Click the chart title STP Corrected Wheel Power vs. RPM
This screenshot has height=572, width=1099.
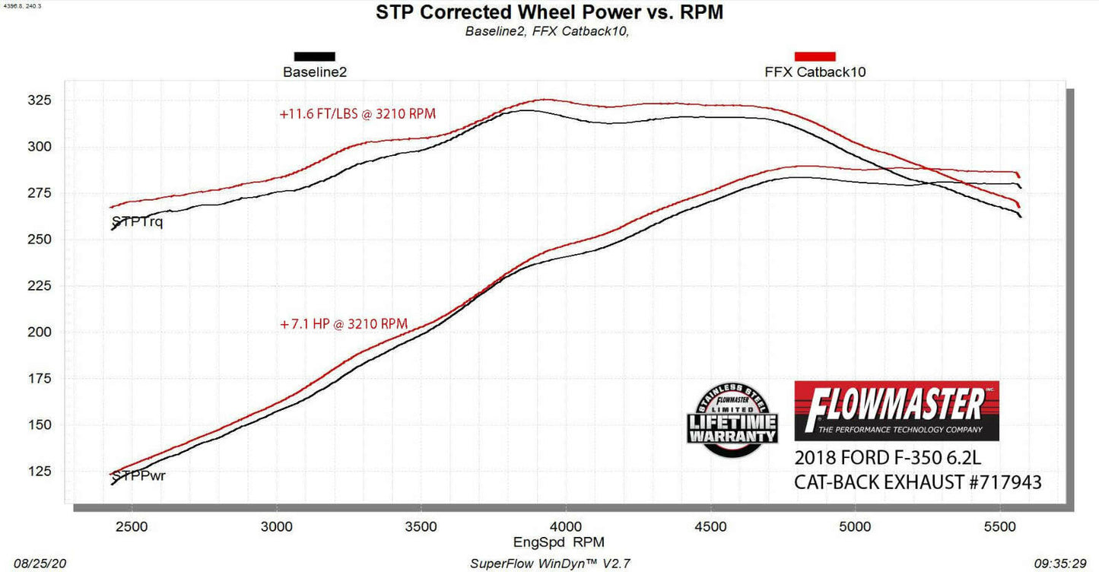click(x=549, y=12)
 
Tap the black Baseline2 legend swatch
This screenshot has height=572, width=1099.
click(x=314, y=56)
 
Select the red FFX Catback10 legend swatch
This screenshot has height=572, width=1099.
click(x=815, y=56)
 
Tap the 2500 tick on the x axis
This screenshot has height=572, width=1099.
click(x=132, y=526)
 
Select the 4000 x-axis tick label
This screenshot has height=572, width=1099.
click(x=566, y=526)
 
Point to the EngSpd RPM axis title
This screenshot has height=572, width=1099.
click(x=548, y=543)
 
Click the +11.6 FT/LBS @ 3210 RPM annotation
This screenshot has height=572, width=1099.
click(x=357, y=114)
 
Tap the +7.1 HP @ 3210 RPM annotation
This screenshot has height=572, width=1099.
click(x=344, y=324)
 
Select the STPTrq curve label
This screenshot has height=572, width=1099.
click(x=137, y=222)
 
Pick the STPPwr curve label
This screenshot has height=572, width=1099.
click(x=138, y=476)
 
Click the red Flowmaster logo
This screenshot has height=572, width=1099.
click(x=897, y=411)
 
